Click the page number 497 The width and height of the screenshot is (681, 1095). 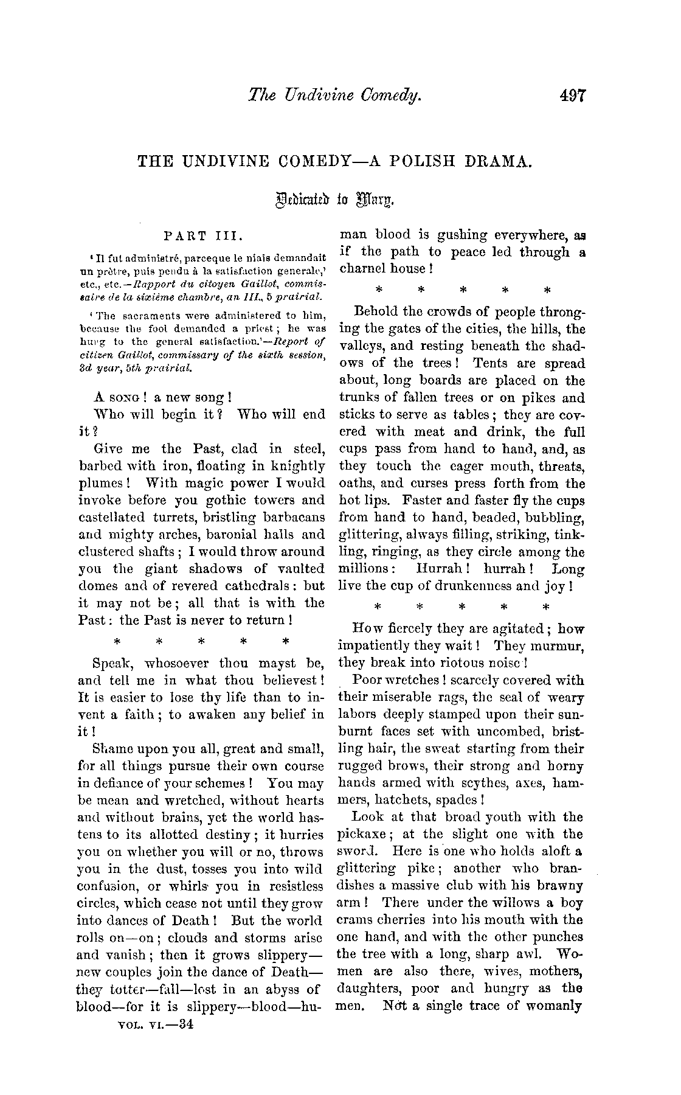[x=569, y=95]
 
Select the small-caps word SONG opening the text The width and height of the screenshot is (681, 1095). [x=126, y=398]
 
